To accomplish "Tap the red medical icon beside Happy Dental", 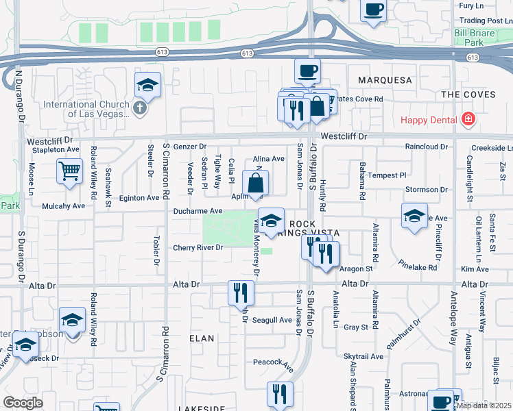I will tap(468, 120).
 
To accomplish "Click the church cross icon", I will tap(139, 108).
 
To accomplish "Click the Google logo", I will tap(23, 403).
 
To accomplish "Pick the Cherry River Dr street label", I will tap(198, 248).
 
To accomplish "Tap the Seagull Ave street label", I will tap(272, 320).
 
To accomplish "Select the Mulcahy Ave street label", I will tap(63, 206).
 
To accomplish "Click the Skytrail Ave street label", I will tap(363, 357).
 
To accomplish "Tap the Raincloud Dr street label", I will tap(426, 147).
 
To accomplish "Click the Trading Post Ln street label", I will tap(484, 21).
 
